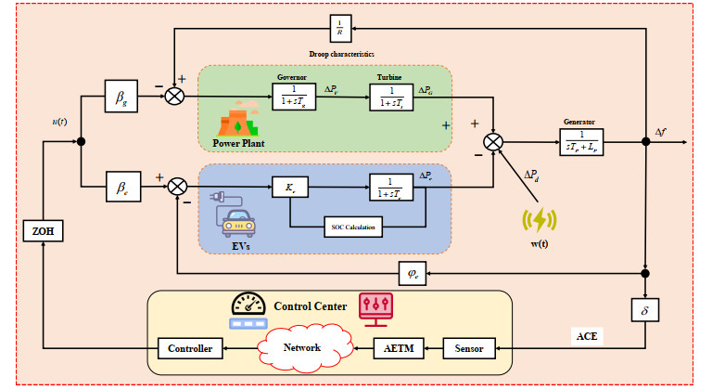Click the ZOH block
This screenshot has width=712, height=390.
coord(42,232)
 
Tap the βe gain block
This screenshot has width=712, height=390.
coord(122,185)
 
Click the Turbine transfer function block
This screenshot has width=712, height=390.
coord(393,96)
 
